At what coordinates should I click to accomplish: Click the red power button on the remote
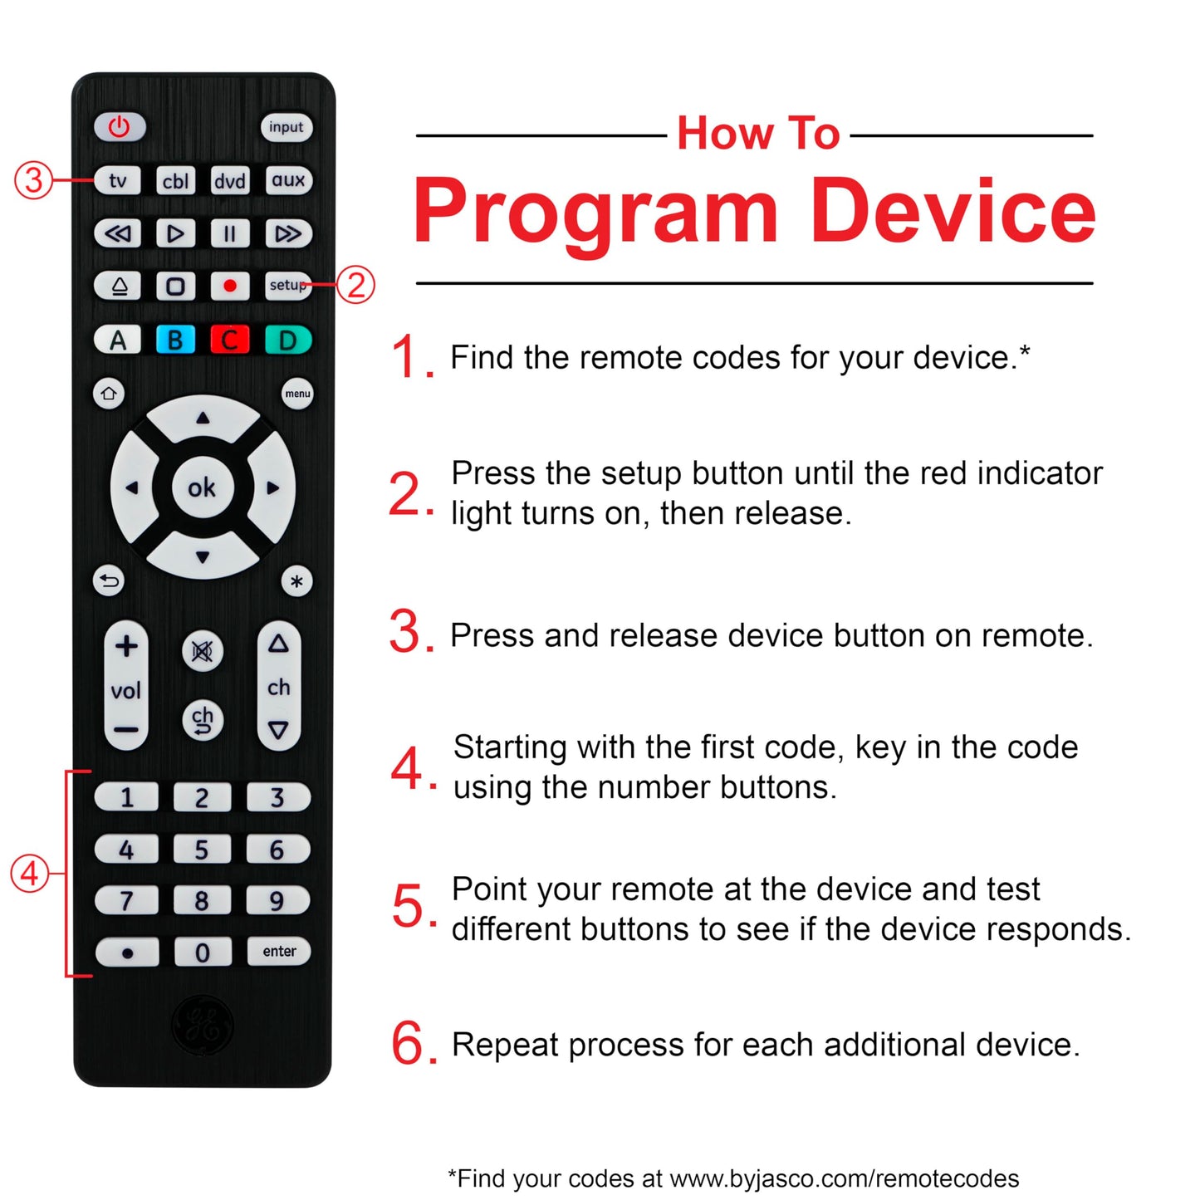click(120, 127)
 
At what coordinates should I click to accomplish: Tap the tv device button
click(118, 180)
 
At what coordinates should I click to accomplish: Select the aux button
click(288, 180)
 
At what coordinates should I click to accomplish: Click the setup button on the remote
click(288, 286)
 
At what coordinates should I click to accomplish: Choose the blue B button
click(175, 340)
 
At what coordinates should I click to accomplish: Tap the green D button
click(288, 340)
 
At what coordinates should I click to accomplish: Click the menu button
click(297, 394)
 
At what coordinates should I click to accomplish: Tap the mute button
click(203, 651)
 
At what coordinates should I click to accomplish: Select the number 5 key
click(202, 850)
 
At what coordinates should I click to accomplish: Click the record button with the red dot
click(230, 286)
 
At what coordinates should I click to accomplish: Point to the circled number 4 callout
click(29, 874)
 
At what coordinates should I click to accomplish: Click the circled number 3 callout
click(33, 180)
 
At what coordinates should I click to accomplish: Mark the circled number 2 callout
click(355, 285)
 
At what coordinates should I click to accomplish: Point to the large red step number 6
click(408, 1043)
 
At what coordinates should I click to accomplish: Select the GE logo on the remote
click(203, 1025)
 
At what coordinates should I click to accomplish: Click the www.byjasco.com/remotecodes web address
click(845, 1178)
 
